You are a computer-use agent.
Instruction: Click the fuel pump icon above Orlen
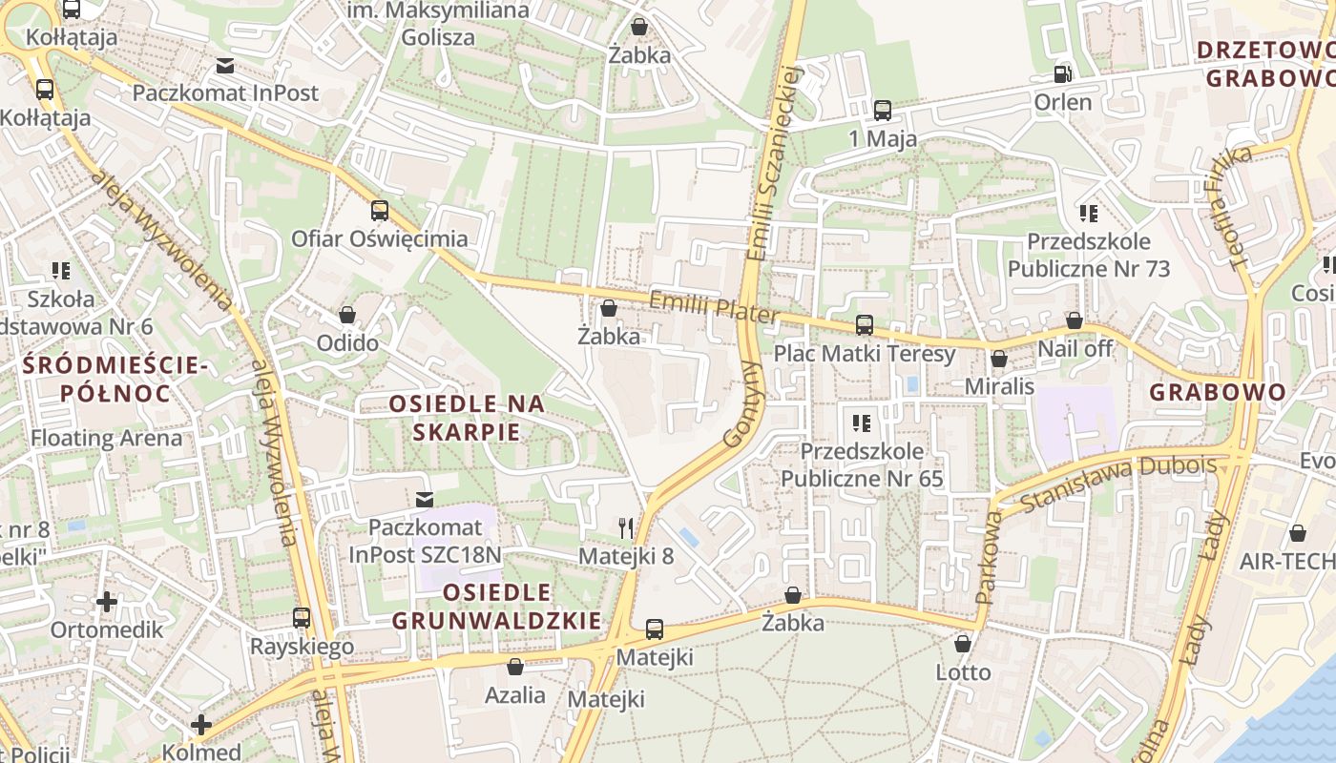pos(1062,72)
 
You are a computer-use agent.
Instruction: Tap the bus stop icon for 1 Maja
pos(883,110)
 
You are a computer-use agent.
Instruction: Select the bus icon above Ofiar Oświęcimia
pos(380,211)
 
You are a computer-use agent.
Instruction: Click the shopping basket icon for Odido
pos(347,315)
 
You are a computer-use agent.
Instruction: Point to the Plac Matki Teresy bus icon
pos(865,325)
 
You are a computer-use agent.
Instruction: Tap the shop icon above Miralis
pos(999,359)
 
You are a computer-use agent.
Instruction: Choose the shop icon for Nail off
pos(1075,320)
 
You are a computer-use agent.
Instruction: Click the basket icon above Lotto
pos(963,644)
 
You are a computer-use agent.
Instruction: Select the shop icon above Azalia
pos(515,667)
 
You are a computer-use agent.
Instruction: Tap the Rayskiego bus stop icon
pos(302,618)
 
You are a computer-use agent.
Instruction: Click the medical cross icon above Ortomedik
pos(107,602)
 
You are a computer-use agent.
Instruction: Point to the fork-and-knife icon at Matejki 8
pos(626,527)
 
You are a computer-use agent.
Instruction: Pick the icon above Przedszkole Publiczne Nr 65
pos(862,422)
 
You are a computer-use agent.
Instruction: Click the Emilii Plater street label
pos(714,307)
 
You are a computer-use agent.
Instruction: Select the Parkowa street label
pos(989,558)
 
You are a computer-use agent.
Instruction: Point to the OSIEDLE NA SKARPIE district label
pos(468,418)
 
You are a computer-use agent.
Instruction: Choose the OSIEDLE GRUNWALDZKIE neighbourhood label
pos(497,607)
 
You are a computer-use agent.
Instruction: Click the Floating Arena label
pos(106,439)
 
